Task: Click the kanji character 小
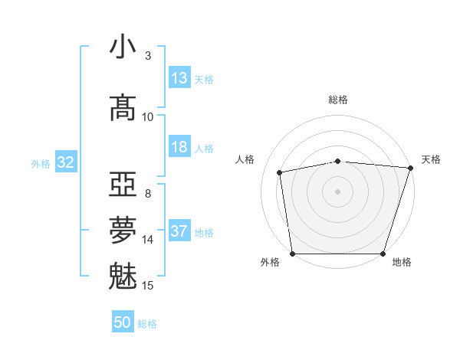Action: (x=123, y=47)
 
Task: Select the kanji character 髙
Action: (x=123, y=108)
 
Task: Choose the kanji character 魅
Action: (x=123, y=276)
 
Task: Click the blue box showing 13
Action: (x=179, y=78)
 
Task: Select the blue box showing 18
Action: (x=179, y=148)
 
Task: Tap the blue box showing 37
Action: (x=179, y=232)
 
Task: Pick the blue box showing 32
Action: (x=65, y=162)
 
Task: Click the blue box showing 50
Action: (x=123, y=323)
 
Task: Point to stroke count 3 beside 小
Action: (x=148, y=55)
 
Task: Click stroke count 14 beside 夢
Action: (x=148, y=240)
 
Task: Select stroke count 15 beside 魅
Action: (x=148, y=286)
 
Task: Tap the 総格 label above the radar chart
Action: (x=338, y=100)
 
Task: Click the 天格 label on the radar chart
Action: (x=431, y=159)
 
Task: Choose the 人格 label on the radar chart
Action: (x=245, y=159)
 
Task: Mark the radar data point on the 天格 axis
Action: (x=411, y=168)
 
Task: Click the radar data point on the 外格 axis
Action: (x=292, y=254)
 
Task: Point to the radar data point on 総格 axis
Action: (x=338, y=161)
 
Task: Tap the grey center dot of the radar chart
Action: (x=338, y=191)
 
